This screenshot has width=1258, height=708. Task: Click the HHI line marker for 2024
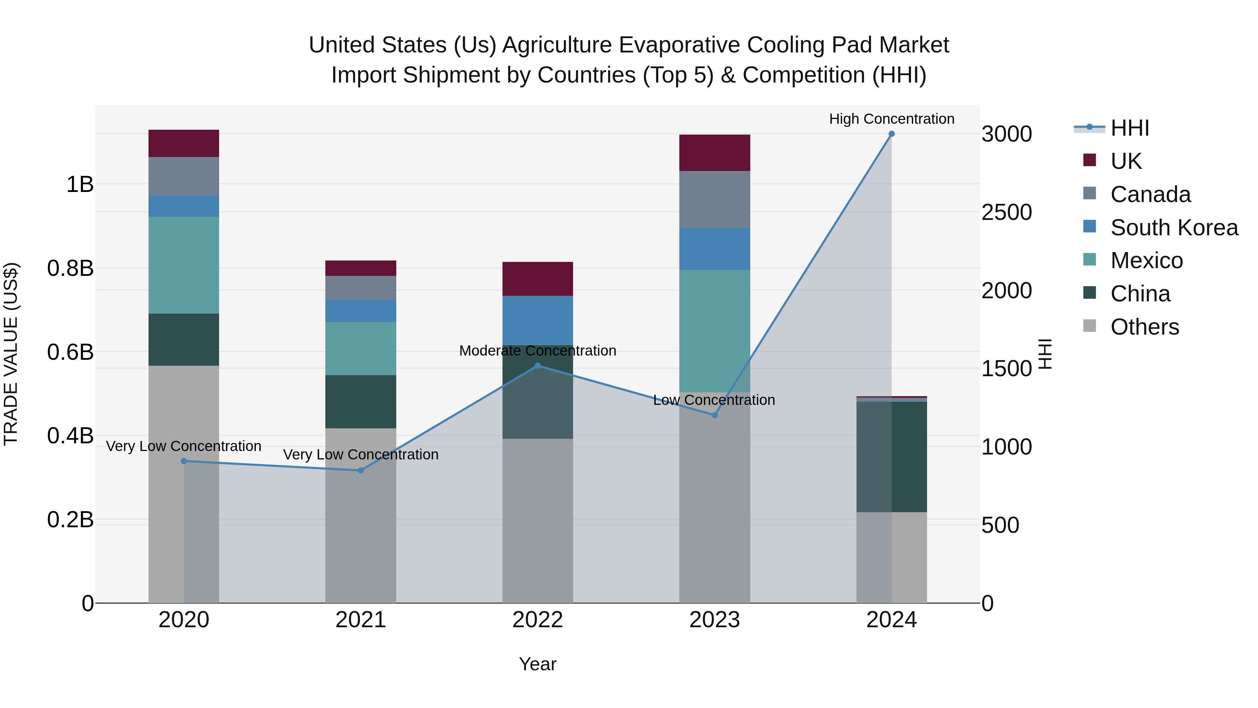891,134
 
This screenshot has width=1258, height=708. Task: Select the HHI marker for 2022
538,365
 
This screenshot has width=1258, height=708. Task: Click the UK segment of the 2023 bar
715,153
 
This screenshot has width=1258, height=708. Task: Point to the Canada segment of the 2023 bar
715,199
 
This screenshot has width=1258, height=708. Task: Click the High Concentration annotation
891,119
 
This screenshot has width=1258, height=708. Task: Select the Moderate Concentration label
538,351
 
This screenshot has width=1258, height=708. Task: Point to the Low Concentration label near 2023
714,400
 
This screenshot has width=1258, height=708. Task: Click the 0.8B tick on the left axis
70,268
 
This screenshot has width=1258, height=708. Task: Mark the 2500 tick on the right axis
1006,213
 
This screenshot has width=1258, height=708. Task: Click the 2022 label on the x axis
538,620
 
